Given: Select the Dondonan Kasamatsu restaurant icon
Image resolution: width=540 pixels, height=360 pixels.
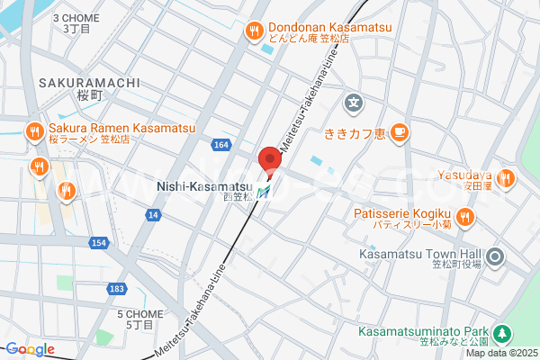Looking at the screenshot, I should pos(255,31).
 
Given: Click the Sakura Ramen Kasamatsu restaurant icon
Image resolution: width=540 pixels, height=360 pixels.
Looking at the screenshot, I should pos(34,131).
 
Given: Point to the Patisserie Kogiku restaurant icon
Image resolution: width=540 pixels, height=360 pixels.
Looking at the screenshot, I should pos(465,215).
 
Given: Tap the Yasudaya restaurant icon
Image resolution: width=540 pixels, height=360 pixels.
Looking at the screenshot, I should pos(505,178).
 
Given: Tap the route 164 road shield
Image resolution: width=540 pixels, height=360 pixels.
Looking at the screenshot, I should pos(222,145).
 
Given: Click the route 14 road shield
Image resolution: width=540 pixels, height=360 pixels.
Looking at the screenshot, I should pos(154,214).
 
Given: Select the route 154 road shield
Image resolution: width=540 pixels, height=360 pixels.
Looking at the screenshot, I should pos(99,244).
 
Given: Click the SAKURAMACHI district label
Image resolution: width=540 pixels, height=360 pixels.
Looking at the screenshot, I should pos(88,83).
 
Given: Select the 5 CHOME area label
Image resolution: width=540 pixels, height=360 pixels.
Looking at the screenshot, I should pos(139,314).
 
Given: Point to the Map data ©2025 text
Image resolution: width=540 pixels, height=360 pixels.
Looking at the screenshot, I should pos(501,352).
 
